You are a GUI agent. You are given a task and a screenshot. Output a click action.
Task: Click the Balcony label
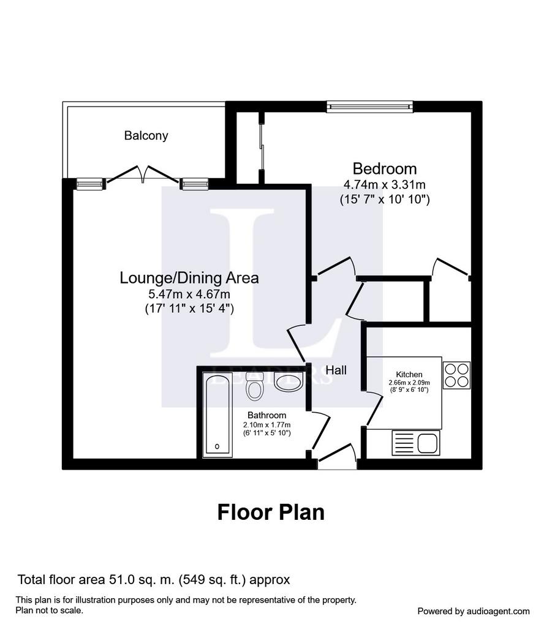click(146, 135)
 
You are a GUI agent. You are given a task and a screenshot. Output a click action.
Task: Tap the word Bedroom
click(384, 168)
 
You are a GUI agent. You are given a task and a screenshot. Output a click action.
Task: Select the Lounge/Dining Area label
click(189, 277)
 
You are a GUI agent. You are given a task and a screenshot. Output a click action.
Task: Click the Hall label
click(336, 370)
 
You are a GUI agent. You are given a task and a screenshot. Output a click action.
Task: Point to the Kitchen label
click(409, 374)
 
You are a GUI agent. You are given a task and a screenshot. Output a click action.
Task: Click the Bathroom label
click(267, 415)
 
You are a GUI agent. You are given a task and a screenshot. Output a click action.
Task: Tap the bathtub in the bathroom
click(217, 415)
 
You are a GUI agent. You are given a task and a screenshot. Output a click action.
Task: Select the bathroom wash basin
click(289, 382)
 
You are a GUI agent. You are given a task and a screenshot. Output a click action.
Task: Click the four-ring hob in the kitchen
click(457, 375)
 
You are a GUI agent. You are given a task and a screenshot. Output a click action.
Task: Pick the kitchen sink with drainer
click(416, 443)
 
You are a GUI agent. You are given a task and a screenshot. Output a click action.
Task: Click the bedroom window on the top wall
click(369, 106)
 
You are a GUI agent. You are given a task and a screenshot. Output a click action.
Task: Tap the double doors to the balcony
click(143, 175)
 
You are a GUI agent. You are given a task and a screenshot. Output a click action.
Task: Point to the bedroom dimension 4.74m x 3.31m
click(384, 185)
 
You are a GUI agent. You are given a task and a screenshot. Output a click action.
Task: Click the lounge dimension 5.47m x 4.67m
click(189, 295)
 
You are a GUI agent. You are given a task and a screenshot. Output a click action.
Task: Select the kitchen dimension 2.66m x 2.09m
click(409, 383)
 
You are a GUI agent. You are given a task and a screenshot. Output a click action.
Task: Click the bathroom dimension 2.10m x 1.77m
click(267, 425)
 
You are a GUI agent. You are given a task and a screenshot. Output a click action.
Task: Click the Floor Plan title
click(271, 512)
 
